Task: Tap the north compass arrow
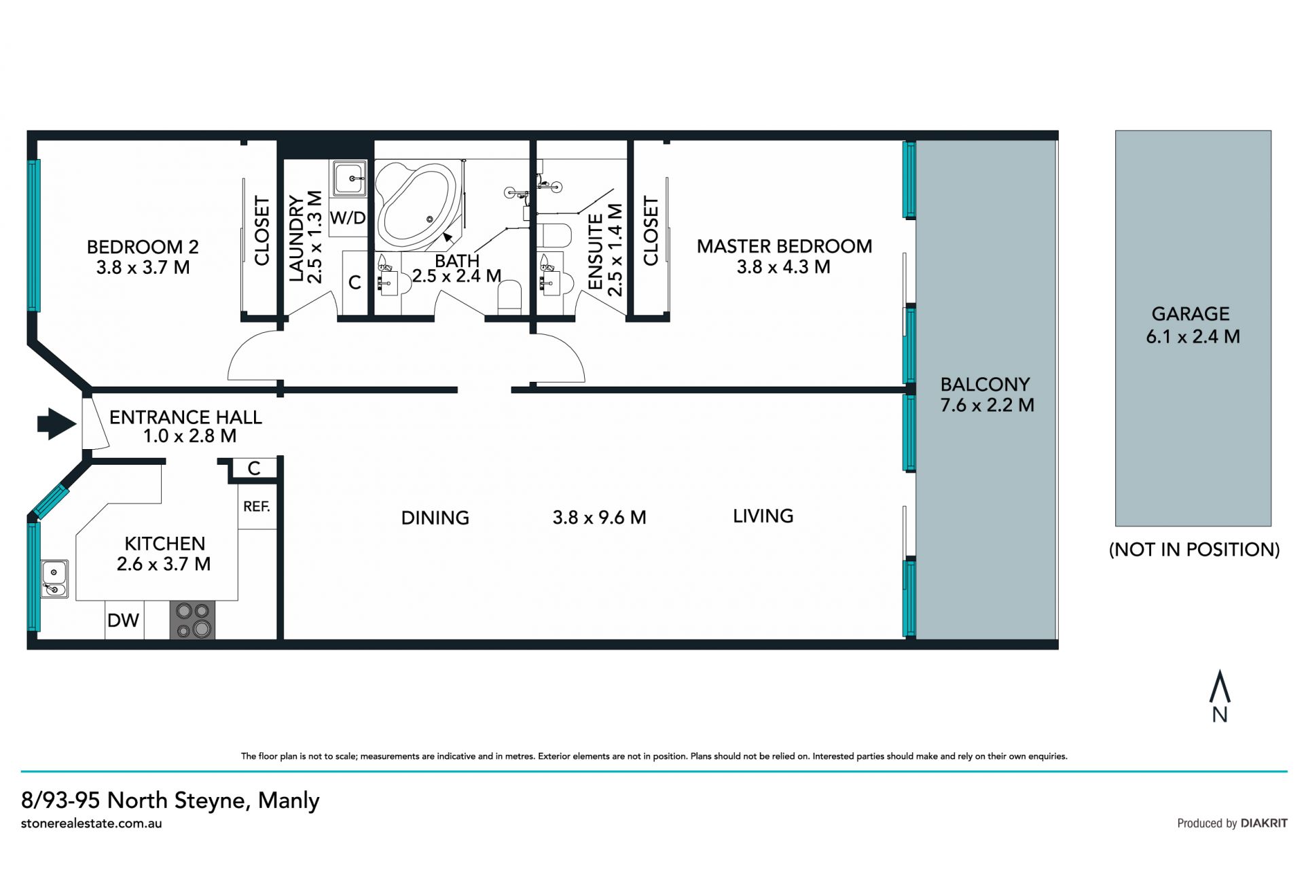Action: tap(1220, 686)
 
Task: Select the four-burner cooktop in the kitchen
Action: tap(192, 620)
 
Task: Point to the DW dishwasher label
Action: tap(123, 620)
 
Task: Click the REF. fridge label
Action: tap(257, 506)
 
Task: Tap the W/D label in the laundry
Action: tap(348, 218)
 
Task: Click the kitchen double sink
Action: tap(54, 579)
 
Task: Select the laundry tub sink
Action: tap(349, 179)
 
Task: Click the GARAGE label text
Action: tap(1191, 314)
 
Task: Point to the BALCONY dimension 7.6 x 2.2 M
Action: tap(987, 406)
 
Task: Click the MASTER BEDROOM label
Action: tap(784, 246)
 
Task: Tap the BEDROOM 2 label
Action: tap(143, 247)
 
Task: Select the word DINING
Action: tap(435, 518)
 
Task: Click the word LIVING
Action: tap(763, 516)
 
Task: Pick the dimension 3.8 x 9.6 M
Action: tap(599, 518)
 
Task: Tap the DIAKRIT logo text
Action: tap(1264, 823)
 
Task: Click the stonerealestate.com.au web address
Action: tap(92, 823)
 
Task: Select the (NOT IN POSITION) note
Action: tap(1194, 549)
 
